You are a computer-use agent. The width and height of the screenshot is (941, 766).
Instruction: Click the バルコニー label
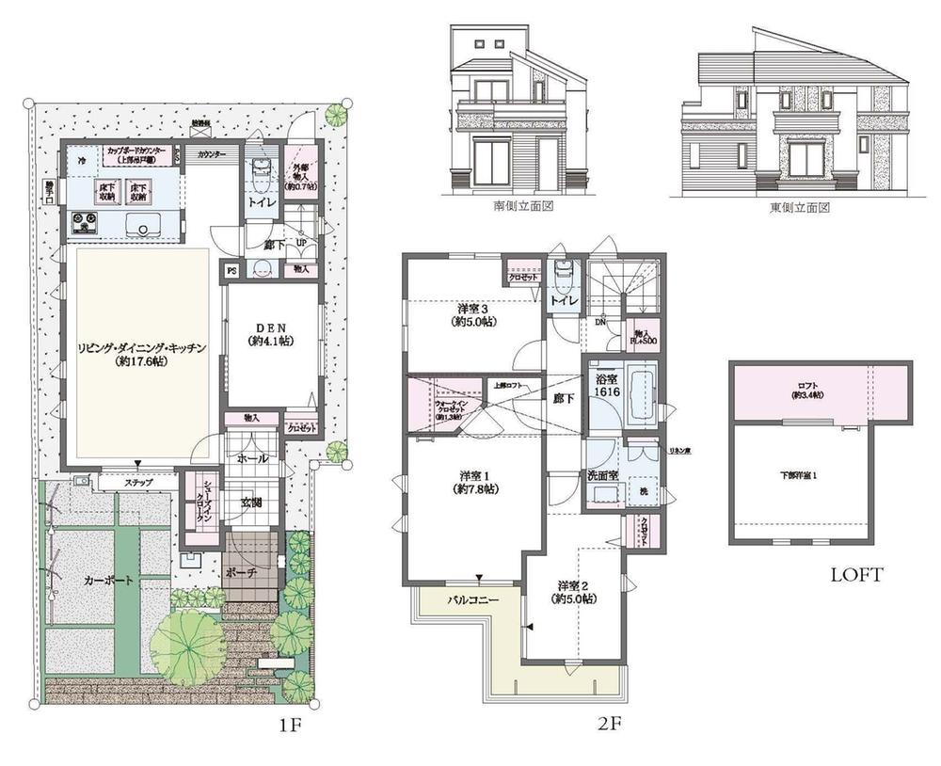tap(471, 598)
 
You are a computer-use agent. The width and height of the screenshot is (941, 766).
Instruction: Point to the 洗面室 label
tap(602, 475)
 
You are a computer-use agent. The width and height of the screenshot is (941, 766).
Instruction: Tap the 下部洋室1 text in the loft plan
tap(803, 475)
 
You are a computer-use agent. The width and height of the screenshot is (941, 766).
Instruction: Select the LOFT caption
tap(855, 573)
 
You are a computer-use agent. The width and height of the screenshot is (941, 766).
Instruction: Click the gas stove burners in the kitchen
tap(84, 223)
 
